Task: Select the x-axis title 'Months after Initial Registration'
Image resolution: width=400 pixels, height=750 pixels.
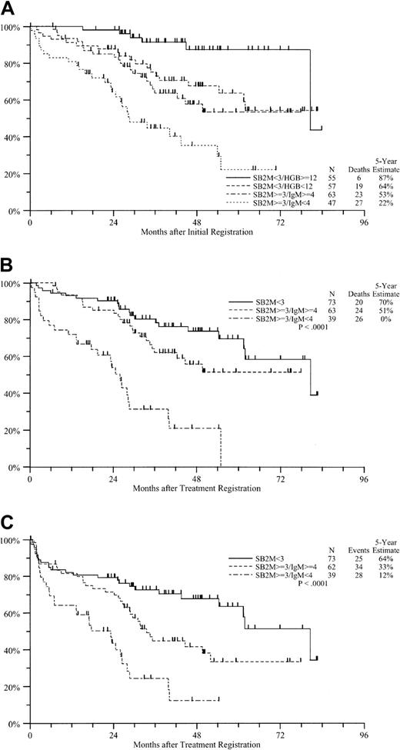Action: (197, 232)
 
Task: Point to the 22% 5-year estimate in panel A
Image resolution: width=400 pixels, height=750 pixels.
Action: (382, 205)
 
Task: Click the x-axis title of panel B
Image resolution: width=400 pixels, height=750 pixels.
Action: (197, 488)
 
